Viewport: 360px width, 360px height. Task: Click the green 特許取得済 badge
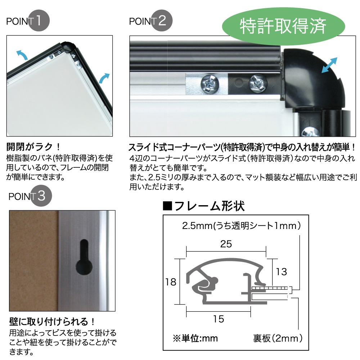coord(283,26)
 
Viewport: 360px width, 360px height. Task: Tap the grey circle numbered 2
coord(162,21)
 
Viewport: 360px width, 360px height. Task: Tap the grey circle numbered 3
coord(41,196)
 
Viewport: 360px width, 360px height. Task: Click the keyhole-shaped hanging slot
coord(84,258)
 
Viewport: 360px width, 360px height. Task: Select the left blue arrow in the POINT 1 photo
coord(23,55)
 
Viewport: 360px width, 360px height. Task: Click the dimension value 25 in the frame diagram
coord(226,244)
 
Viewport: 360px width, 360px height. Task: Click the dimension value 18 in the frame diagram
coord(171,282)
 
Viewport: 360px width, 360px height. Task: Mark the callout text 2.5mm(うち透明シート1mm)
coord(241,226)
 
